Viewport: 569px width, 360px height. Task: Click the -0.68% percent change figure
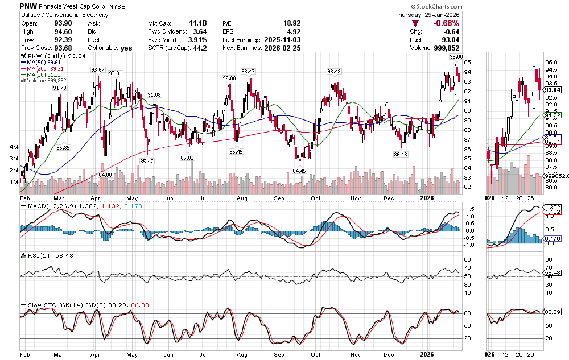click(x=447, y=23)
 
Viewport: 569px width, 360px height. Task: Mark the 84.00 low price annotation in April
click(x=105, y=174)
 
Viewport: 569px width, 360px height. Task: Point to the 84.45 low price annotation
click(x=299, y=171)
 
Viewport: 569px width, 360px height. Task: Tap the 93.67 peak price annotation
click(x=98, y=70)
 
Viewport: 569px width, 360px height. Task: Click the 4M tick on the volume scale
click(x=13, y=147)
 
